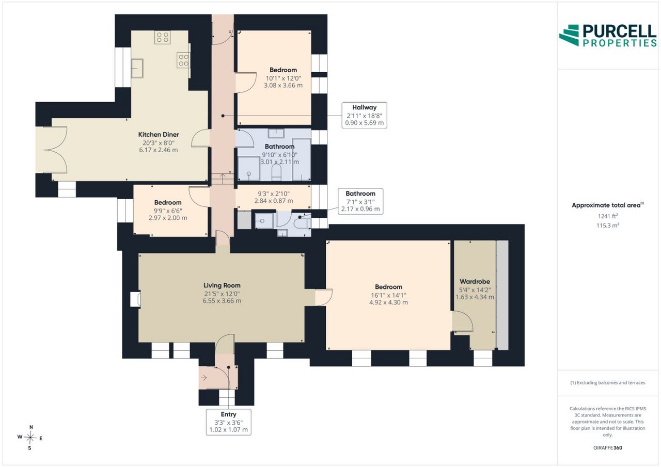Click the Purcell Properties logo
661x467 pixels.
[608, 36]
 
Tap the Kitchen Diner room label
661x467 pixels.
[159, 135]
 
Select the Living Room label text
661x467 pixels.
[222, 285]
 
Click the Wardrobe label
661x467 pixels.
[475, 282]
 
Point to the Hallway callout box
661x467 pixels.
[365, 115]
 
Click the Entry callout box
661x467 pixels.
[228, 422]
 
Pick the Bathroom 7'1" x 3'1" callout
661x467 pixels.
[360, 201]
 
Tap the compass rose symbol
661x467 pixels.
[30, 438]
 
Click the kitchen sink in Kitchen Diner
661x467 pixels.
[137, 68]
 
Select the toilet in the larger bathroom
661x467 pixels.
[276, 172]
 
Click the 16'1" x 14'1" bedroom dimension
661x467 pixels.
[389, 295]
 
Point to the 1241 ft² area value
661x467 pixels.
[608, 216]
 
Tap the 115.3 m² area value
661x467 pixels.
[608, 226]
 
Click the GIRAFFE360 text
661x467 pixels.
[608, 447]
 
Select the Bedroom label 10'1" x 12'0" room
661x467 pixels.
[284, 70]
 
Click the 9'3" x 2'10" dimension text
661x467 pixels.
[274, 194]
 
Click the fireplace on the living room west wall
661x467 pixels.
[136, 299]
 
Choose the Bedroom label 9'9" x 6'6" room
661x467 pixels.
[168, 203]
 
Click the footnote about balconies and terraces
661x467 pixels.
[608, 383]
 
